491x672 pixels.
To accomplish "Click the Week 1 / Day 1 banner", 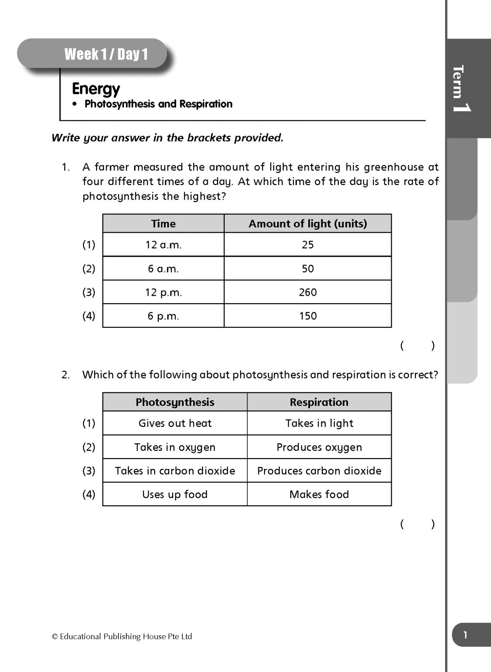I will (x=106, y=54).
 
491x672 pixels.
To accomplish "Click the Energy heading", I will (x=96, y=89).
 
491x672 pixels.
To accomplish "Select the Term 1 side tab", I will (x=461, y=89).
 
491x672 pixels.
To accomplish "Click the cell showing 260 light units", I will (x=308, y=292).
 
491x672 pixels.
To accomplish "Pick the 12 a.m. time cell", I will (x=164, y=245).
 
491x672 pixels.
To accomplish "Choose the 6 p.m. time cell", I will (x=164, y=316).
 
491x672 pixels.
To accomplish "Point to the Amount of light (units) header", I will (x=308, y=224).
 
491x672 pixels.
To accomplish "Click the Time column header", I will (x=164, y=224).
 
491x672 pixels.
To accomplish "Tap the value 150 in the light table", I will (x=308, y=316).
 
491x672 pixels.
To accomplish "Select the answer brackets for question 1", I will (x=417, y=346).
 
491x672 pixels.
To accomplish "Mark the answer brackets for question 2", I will (x=417, y=524).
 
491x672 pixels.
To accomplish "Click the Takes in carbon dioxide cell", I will (x=175, y=471).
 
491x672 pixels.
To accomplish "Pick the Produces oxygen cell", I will (x=319, y=447).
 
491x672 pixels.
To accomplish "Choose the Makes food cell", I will (x=319, y=494).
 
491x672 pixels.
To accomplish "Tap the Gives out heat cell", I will (x=175, y=423).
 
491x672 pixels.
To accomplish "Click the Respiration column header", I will (x=319, y=402).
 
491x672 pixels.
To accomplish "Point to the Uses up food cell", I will (x=175, y=494).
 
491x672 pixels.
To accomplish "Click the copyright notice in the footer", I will (x=122, y=637).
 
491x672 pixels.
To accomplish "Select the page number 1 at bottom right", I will (x=465, y=635).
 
